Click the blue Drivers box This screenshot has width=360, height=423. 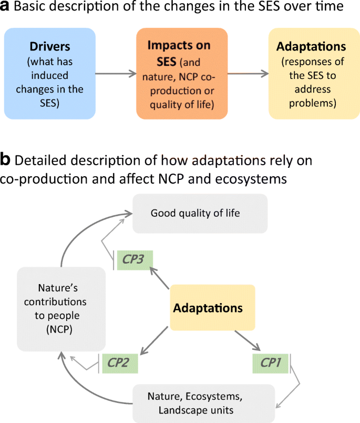(50, 73)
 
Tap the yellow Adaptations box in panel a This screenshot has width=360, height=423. (311, 73)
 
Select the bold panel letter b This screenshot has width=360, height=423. (6, 158)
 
